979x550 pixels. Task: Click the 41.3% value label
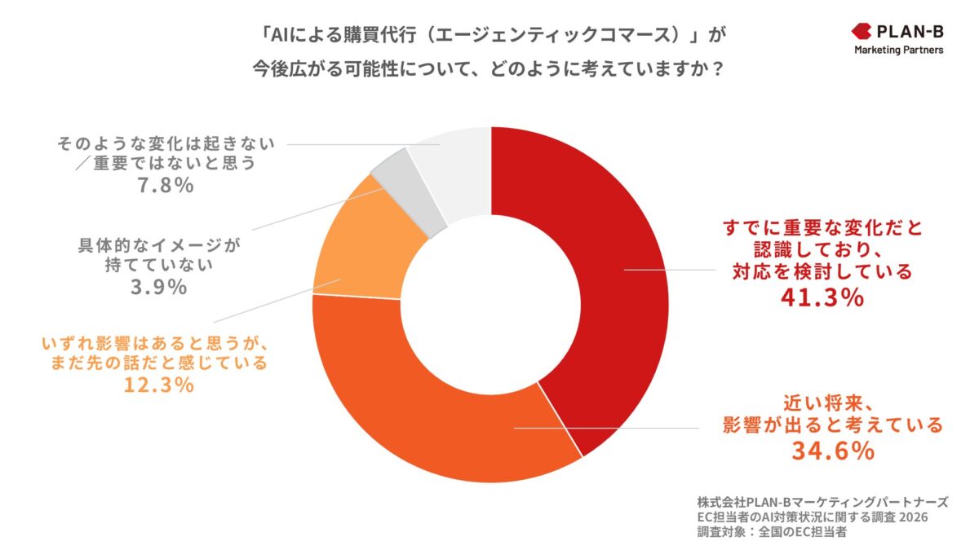coord(822,298)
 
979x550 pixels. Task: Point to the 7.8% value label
coord(167,186)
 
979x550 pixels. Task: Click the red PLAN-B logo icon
coord(861,32)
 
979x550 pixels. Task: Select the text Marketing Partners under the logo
coord(898,51)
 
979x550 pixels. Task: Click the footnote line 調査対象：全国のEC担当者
coord(772,534)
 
